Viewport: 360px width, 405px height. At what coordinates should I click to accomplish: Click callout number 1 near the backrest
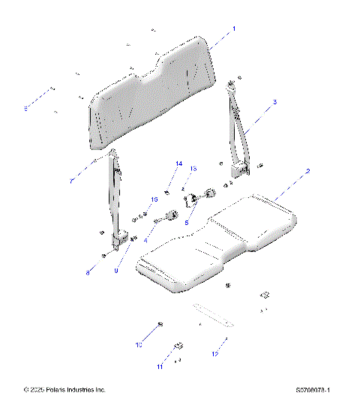click(233, 28)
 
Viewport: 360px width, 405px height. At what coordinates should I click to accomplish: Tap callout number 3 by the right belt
click(274, 102)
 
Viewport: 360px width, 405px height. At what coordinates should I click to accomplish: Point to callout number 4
click(145, 241)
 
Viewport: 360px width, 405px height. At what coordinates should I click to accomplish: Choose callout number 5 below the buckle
click(187, 223)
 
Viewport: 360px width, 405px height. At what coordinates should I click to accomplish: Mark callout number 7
click(72, 180)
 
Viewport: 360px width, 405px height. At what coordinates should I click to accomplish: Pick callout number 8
click(88, 274)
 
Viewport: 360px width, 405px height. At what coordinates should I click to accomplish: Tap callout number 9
click(116, 271)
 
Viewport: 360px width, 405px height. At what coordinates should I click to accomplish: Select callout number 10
click(138, 346)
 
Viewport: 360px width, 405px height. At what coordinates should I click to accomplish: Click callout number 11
click(159, 367)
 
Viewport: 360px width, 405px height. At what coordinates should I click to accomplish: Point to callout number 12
click(214, 352)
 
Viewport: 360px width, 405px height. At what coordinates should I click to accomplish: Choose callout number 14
click(178, 163)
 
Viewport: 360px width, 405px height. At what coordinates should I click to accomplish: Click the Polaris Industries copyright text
click(65, 390)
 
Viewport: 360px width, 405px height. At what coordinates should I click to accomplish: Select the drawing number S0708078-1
click(313, 390)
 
